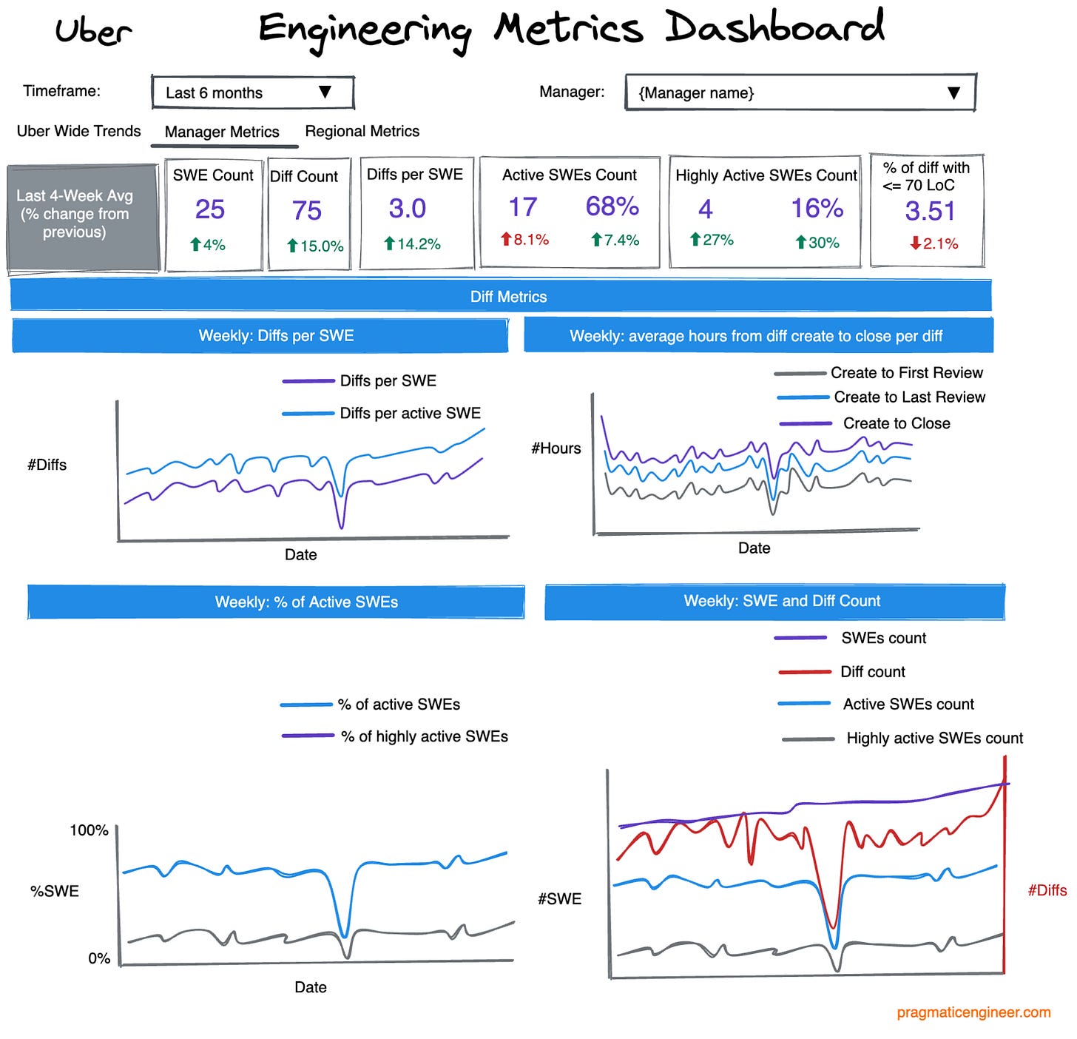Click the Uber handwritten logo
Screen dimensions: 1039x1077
(x=93, y=31)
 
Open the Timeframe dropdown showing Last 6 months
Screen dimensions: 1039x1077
(x=252, y=93)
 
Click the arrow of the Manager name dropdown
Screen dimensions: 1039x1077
(x=953, y=93)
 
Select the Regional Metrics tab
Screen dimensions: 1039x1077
(x=362, y=131)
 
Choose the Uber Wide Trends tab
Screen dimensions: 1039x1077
(x=78, y=131)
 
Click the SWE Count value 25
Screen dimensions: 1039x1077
(x=210, y=209)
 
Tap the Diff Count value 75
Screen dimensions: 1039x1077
(x=307, y=211)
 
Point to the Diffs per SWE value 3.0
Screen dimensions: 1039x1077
(x=408, y=209)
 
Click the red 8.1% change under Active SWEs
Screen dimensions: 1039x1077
(x=524, y=239)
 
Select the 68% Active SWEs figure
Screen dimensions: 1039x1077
(x=612, y=206)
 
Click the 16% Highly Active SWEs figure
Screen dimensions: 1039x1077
(x=817, y=209)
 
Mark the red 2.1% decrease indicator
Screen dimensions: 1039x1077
(x=933, y=243)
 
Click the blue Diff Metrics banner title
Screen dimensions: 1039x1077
(x=508, y=297)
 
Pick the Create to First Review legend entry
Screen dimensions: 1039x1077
(x=906, y=373)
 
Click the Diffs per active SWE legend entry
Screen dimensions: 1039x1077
(x=410, y=413)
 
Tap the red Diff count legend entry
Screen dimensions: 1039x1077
(x=872, y=672)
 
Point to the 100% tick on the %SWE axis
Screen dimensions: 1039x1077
(x=89, y=830)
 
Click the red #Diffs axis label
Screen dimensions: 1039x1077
(x=1047, y=890)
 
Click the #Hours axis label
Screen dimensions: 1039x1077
(x=556, y=448)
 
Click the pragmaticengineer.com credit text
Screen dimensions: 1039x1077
(x=973, y=1012)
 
